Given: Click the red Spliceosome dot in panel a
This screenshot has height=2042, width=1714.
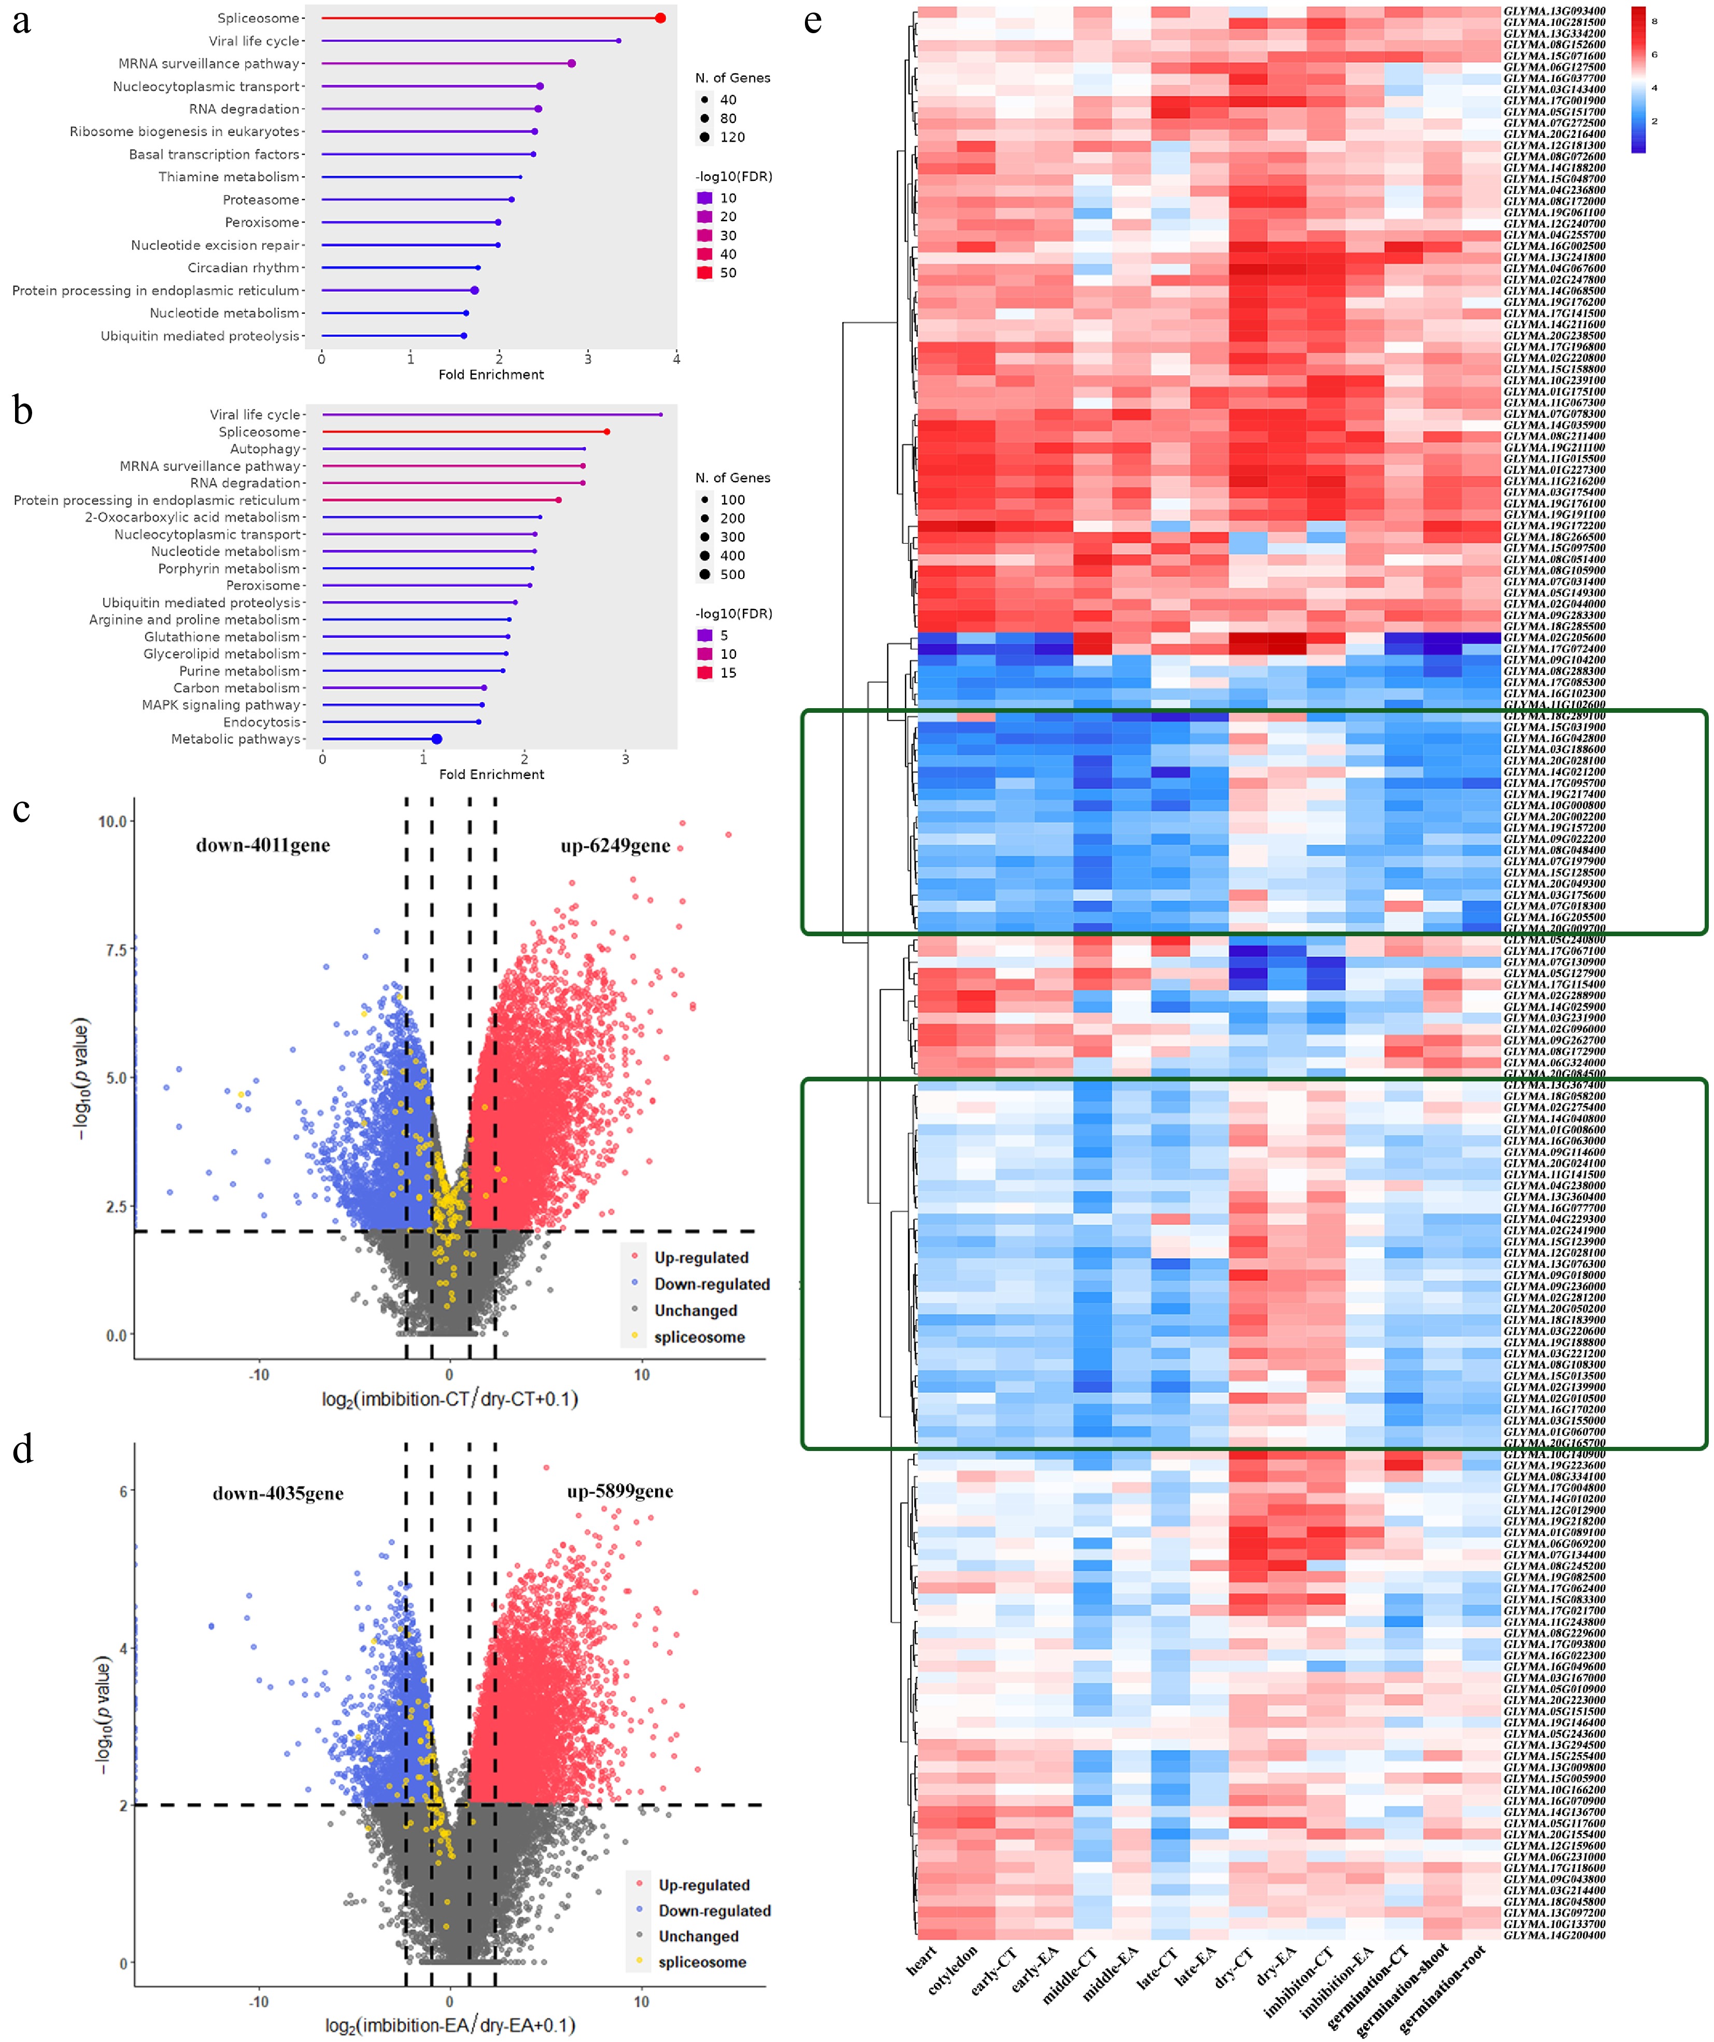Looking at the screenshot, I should (660, 19).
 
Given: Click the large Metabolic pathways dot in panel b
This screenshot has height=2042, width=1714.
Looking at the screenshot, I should (436, 739).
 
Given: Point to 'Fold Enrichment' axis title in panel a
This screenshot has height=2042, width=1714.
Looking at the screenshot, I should (491, 374).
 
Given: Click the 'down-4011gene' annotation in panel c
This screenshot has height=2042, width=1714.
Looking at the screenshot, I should (262, 845).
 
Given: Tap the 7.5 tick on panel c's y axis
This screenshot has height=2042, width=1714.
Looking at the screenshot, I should (113, 950).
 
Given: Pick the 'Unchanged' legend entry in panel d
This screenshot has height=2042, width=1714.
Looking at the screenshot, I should (698, 1936).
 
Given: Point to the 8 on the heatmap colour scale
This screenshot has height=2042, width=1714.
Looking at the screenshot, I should (1654, 20).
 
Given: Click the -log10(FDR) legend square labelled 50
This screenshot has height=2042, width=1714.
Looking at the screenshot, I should (705, 273).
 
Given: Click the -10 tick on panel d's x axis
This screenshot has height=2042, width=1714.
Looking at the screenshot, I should (259, 2001).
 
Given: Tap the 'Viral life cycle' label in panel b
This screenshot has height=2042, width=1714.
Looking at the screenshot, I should (254, 415).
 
